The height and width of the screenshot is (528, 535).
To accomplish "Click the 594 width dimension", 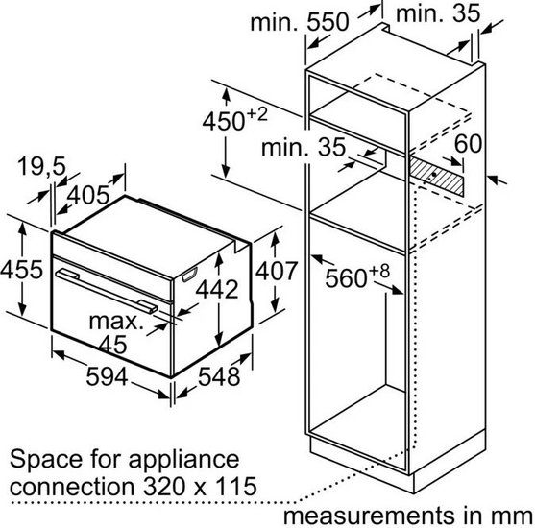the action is (107, 376).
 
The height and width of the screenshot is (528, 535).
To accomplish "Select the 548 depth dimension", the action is (219, 376).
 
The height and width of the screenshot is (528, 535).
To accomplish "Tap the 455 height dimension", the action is (22, 270).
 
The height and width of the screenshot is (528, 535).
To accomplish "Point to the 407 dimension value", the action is (277, 271).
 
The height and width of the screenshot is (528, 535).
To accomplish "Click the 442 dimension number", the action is (217, 290).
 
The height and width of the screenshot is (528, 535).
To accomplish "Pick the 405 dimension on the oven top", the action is (88, 196).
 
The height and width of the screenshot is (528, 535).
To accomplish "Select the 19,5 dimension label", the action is (41, 166).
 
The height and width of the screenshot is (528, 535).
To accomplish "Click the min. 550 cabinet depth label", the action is (300, 22).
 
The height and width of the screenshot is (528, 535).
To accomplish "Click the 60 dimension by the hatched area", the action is (468, 144).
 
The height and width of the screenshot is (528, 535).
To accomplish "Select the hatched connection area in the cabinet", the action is (436, 176).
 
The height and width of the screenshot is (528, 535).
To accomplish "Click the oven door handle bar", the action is (107, 290).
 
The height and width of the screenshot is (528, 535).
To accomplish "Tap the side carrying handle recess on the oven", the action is (189, 275).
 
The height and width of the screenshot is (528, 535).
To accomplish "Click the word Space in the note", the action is (46, 461).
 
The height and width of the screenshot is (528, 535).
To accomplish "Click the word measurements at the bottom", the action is (369, 516).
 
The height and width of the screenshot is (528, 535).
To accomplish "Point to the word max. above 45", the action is (116, 322).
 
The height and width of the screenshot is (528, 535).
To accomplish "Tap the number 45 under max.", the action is (113, 344).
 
